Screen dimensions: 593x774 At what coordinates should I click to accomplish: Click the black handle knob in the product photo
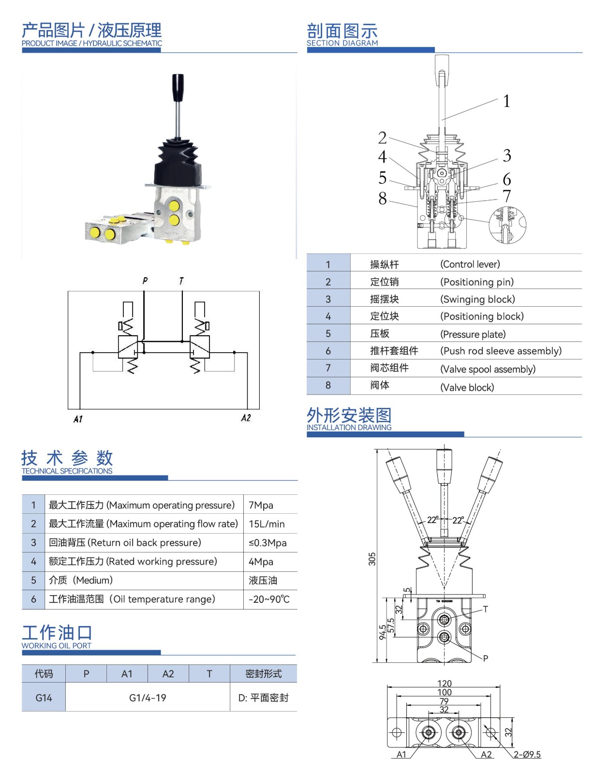[x=178, y=88]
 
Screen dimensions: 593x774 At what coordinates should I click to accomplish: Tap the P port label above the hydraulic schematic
[x=145, y=281]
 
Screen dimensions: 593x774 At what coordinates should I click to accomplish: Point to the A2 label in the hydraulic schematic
[x=246, y=418]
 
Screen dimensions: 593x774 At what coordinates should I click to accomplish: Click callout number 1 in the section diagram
[x=506, y=101]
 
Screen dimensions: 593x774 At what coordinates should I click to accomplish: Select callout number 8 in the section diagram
[x=382, y=198]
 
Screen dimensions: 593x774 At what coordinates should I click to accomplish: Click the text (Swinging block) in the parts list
[x=477, y=299]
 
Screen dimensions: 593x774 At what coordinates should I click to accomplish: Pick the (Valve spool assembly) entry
[x=488, y=369]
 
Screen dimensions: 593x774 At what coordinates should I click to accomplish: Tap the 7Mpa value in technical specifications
[x=261, y=505]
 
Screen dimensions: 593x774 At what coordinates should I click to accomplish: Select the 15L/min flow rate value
[x=267, y=524]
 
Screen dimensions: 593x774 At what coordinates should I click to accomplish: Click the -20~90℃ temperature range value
[x=269, y=599]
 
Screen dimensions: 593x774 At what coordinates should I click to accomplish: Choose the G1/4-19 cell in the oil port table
[x=148, y=698]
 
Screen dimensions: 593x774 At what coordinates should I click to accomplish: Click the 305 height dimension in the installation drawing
[x=372, y=559]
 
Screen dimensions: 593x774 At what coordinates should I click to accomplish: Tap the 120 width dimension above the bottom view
[x=444, y=683]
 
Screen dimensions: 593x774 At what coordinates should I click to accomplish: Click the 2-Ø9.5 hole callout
[x=527, y=754]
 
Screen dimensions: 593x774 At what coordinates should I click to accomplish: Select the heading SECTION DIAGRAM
[x=342, y=43]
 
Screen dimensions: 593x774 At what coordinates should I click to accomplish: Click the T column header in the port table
[x=209, y=673]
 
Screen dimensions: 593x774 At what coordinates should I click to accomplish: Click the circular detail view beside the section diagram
[x=507, y=225]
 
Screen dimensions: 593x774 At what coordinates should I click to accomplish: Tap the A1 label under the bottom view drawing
[x=401, y=754]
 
